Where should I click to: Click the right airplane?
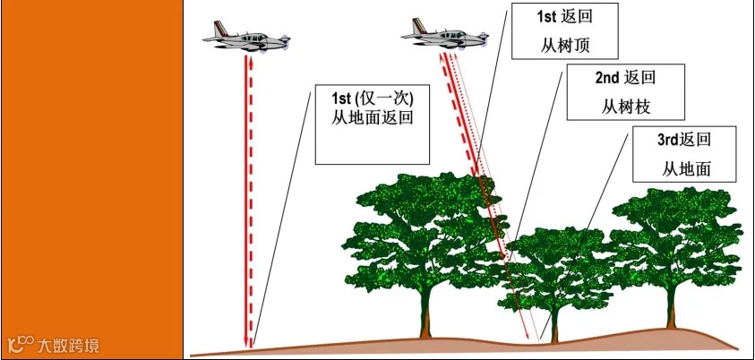[445, 33]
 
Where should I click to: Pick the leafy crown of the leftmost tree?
[421, 228]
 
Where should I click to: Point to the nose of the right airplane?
[485, 36]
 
